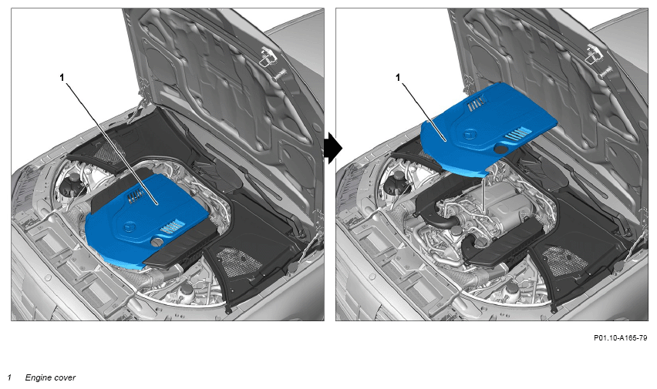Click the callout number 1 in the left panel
(62, 78)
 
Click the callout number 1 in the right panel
(398, 78)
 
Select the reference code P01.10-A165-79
(620, 338)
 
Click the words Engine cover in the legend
(50, 377)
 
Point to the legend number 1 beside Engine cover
(9, 377)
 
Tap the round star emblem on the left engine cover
(128, 227)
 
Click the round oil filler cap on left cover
(157, 242)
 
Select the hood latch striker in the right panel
(594, 55)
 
